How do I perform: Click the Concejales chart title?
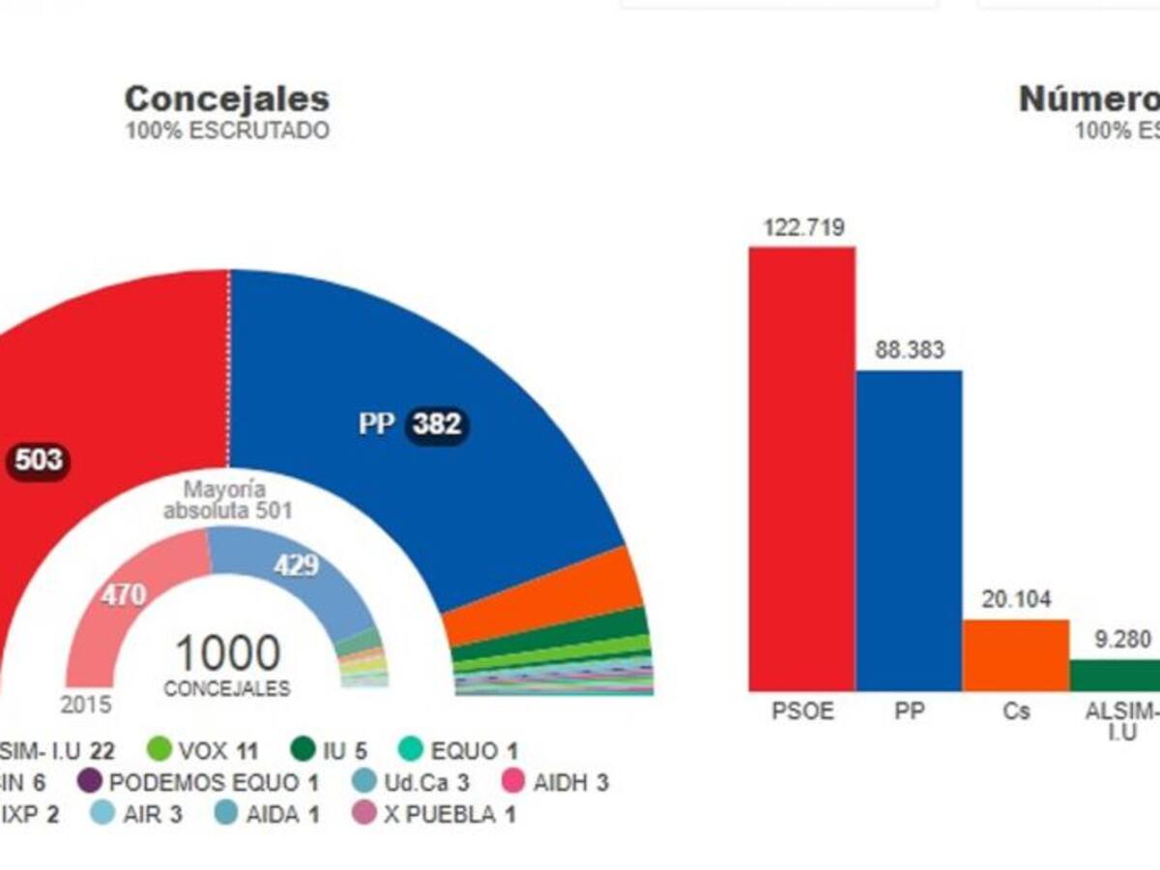click(x=227, y=99)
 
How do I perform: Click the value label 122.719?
click(x=803, y=228)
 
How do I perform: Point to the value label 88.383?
click(x=910, y=351)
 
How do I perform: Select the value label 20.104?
click(x=1016, y=599)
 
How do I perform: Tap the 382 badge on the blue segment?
click(x=437, y=424)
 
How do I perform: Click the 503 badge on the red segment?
click(x=39, y=460)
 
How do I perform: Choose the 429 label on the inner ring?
click(x=296, y=566)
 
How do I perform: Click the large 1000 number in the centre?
click(x=227, y=654)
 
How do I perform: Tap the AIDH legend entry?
click(x=557, y=782)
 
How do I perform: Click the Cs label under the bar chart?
click(x=1016, y=712)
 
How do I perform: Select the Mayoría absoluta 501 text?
click(x=228, y=501)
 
